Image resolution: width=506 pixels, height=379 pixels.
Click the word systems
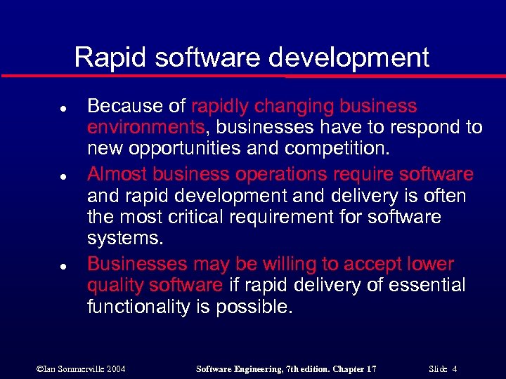pyautogui.click(x=125, y=239)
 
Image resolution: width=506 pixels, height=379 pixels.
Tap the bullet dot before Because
pyautogui.click(x=44, y=109)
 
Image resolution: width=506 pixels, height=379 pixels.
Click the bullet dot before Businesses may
pyautogui.click(x=44, y=267)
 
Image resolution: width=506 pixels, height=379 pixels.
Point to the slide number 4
pyautogui.click(x=455, y=368)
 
